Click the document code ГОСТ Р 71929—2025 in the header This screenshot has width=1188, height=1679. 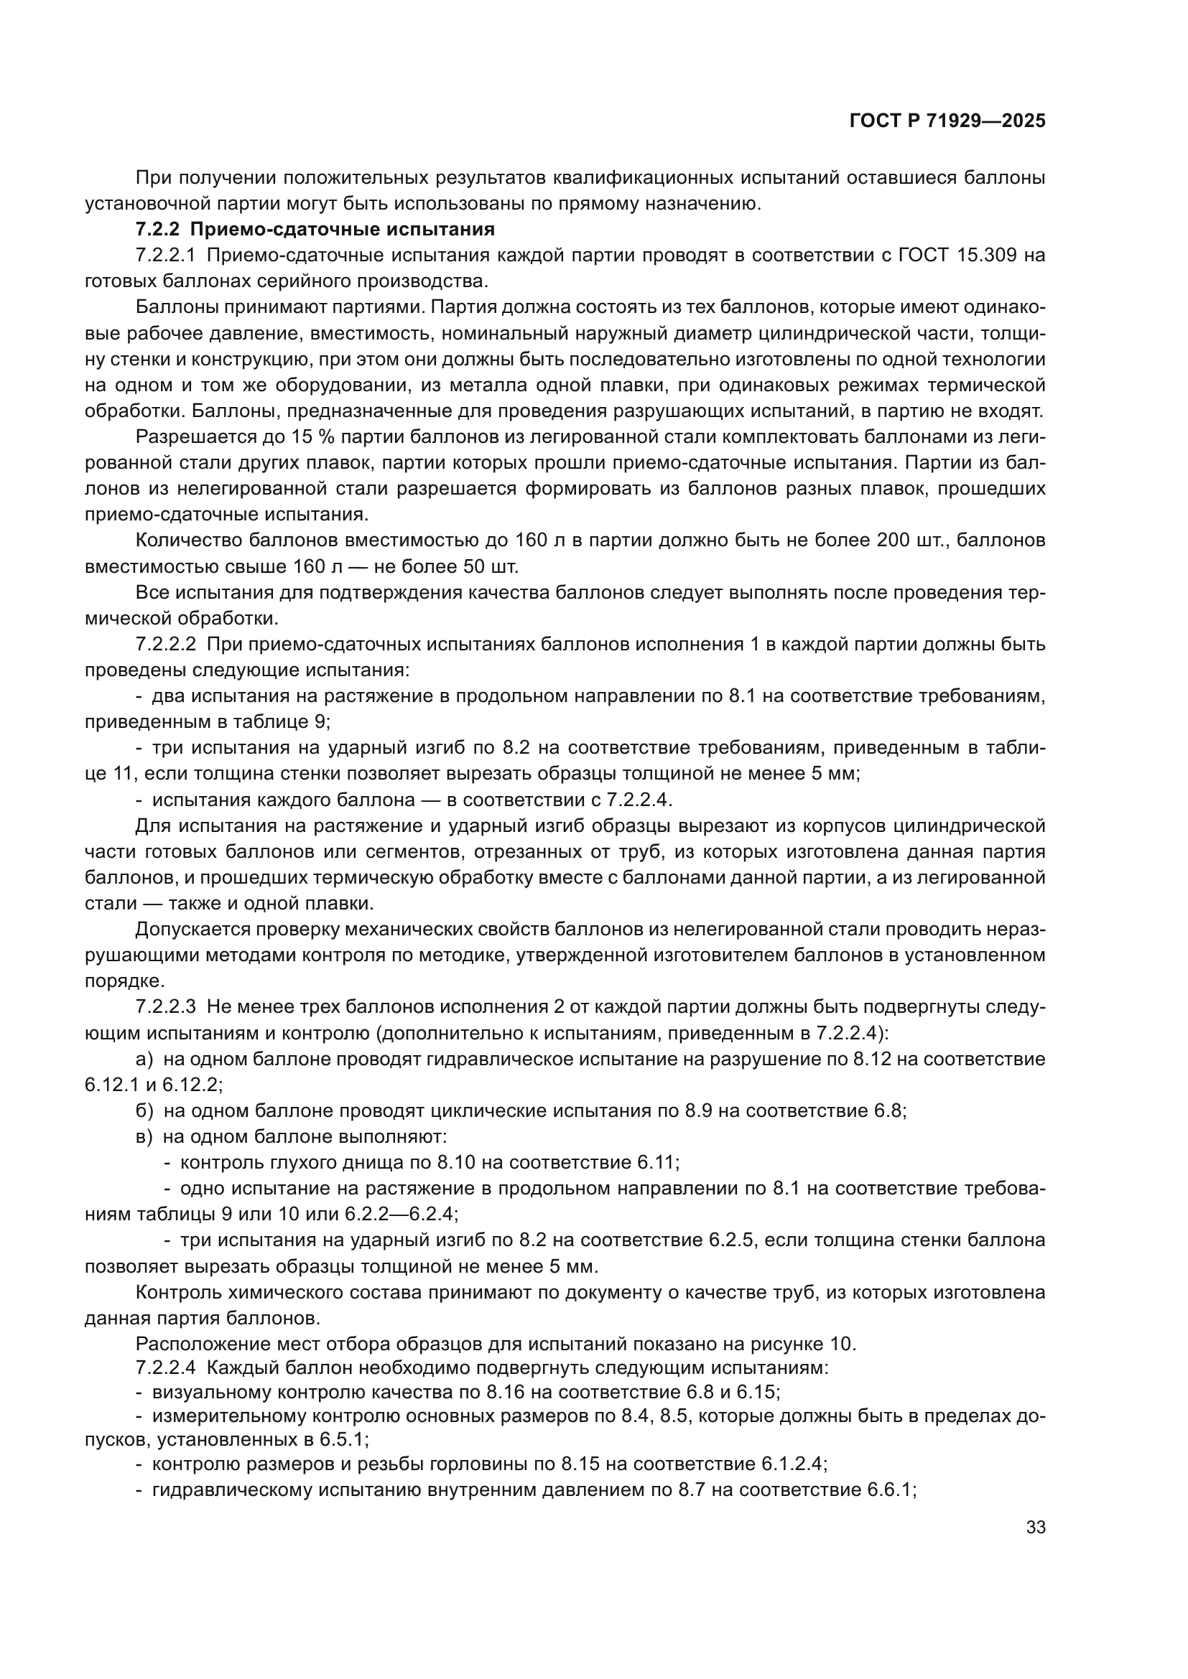(947, 121)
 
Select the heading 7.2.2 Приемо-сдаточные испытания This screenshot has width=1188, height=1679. (315, 230)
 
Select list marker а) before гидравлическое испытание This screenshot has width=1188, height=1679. (144, 1059)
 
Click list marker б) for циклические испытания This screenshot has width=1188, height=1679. (144, 1111)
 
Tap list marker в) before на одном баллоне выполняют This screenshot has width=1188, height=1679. (144, 1137)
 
